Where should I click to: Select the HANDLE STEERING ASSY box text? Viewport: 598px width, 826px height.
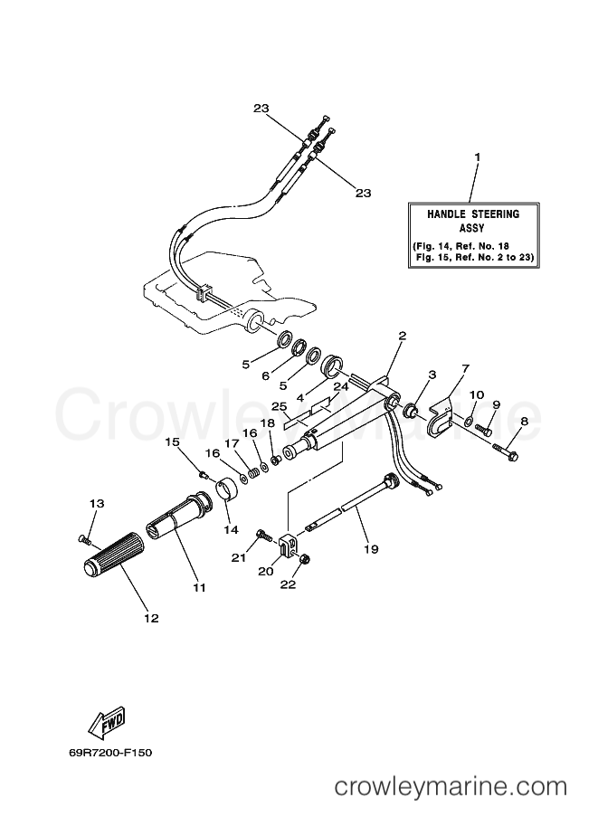[473, 235]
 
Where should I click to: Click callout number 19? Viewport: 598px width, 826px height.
[371, 549]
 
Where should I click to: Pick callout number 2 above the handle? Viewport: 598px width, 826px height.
[402, 335]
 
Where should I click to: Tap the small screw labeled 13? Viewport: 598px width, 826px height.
[84, 539]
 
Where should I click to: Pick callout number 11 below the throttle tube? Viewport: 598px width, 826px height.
[199, 587]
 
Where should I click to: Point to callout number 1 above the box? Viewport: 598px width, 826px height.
[477, 157]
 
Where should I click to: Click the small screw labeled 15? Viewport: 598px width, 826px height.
[204, 475]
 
